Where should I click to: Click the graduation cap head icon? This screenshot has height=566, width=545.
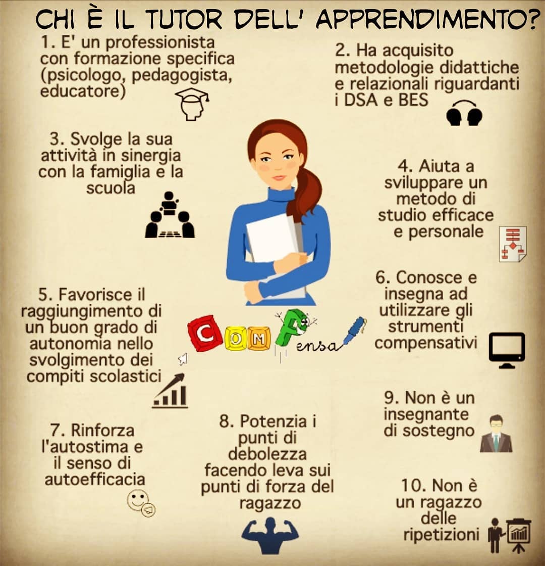192,104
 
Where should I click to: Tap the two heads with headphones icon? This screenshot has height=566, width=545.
464,113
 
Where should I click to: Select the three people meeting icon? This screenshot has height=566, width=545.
170,215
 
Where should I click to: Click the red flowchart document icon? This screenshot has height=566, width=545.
513,244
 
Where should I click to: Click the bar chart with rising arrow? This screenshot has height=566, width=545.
170,391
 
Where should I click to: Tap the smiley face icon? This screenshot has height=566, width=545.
141,503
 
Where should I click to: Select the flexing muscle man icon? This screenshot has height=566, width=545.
270,535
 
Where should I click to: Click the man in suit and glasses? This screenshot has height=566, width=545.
496,434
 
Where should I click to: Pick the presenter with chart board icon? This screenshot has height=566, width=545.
509,535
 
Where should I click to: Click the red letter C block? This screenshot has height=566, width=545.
205,334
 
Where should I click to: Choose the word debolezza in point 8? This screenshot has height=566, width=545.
267,454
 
